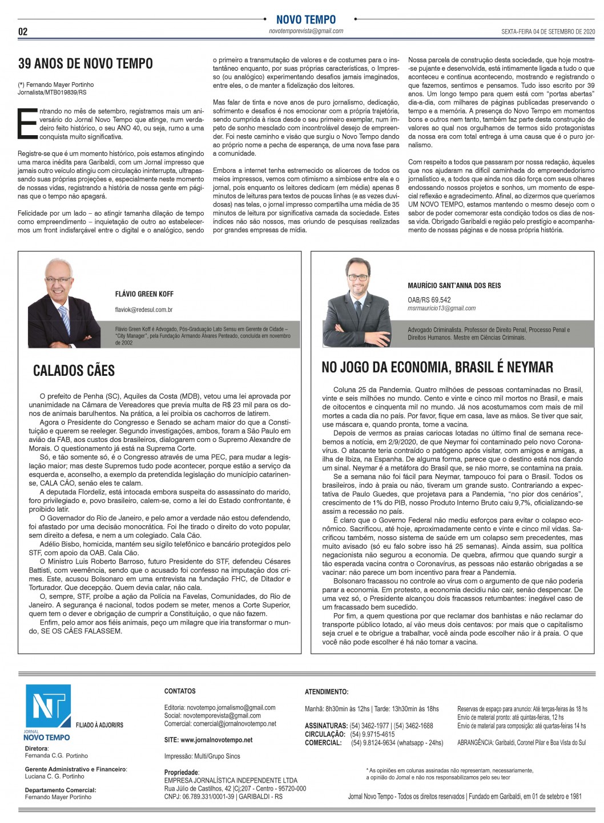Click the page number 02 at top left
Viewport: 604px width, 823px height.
pos(23,31)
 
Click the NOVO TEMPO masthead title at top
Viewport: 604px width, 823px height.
pos(306,20)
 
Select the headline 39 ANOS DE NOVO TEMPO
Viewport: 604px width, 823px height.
pos(86,63)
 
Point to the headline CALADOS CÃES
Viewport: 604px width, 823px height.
pos(74,371)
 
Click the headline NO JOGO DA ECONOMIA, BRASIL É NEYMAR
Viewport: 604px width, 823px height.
pos(437,367)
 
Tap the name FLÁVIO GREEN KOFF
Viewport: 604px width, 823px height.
pos(144,294)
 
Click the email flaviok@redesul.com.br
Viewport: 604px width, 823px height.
pos(144,310)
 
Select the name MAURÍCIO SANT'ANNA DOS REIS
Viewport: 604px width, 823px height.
pos(454,286)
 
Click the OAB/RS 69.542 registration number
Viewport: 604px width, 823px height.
pos(429,299)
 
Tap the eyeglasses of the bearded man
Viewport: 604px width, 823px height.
pos(358,278)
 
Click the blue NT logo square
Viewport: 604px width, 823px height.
pos(48,706)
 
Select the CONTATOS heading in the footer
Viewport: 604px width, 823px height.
pos(180,691)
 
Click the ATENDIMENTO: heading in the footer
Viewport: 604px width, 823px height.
pos(327,692)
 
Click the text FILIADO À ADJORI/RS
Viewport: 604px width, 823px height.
pos(99,725)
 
